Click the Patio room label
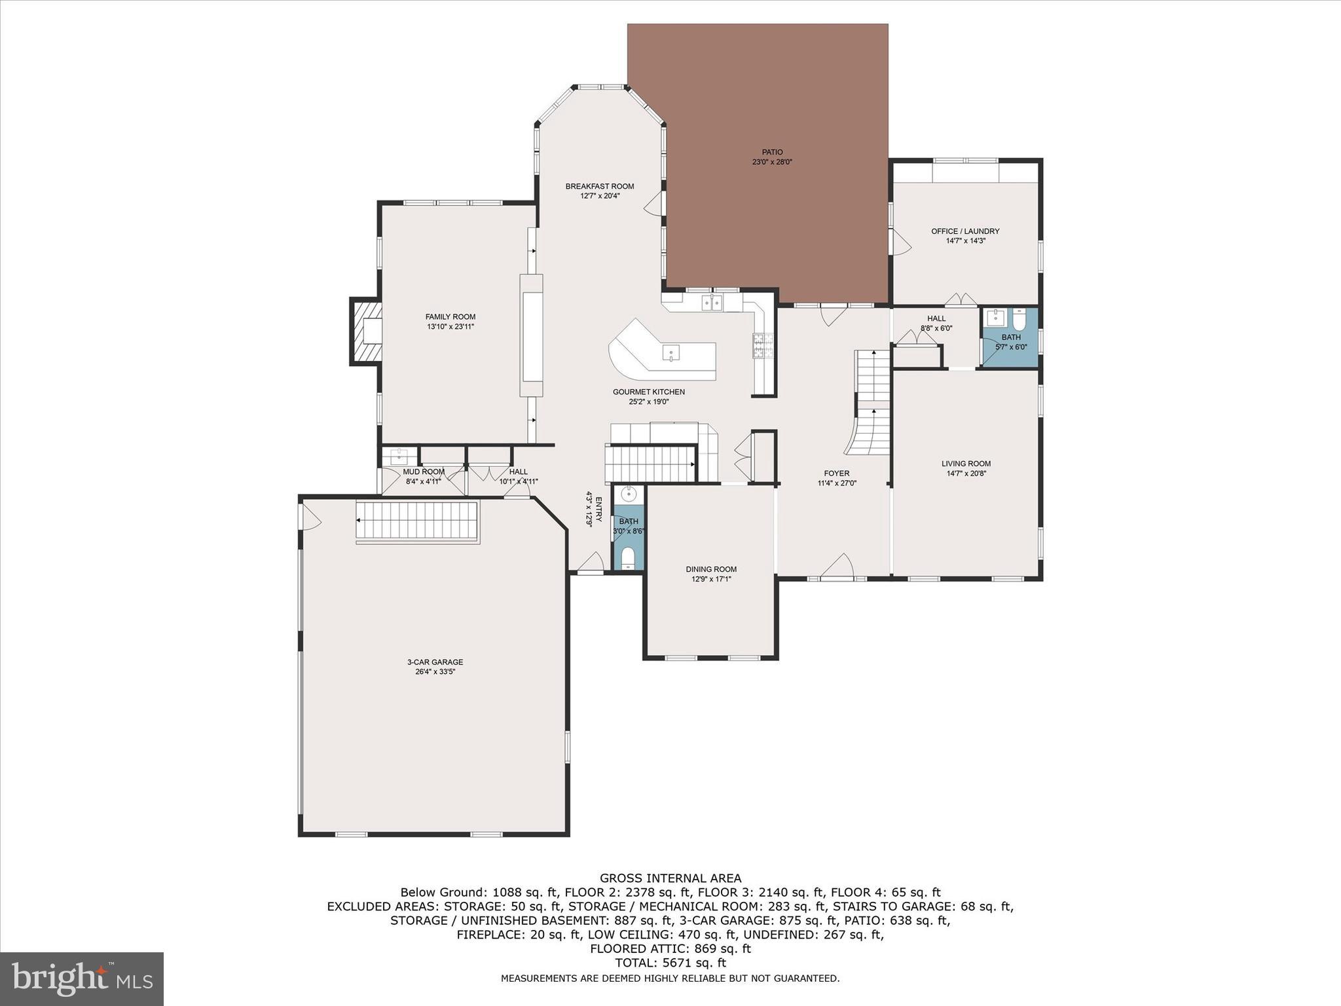(x=772, y=152)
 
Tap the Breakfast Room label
(x=600, y=187)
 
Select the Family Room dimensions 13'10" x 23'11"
(x=450, y=326)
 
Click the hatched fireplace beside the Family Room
(x=366, y=331)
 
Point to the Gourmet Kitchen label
(x=649, y=392)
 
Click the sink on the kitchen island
(x=670, y=353)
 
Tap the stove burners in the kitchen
(x=763, y=346)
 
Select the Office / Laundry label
(x=965, y=231)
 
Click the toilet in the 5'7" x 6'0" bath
(x=1019, y=320)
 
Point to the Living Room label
(x=966, y=463)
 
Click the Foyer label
(x=837, y=473)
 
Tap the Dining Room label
(x=711, y=569)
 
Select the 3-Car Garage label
(x=435, y=662)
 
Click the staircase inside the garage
(x=417, y=521)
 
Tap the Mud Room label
(x=424, y=472)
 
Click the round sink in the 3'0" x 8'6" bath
(x=629, y=494)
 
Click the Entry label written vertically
(x=598, y=510)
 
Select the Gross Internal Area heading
(x=670, y=878)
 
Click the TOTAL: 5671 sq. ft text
(x=670, y=963)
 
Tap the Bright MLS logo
(x=82, y=979)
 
